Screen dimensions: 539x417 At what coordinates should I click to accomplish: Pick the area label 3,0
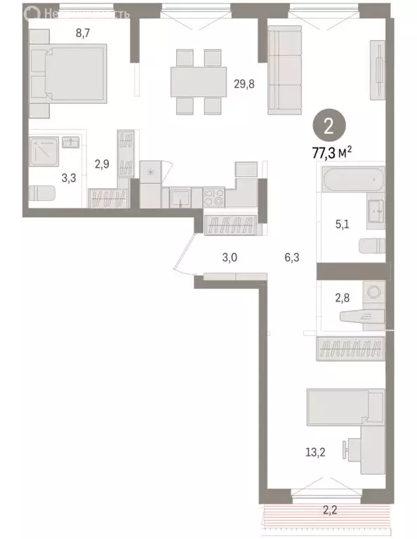coord(230,258)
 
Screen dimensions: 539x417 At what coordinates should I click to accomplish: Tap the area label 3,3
coord(69,178)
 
